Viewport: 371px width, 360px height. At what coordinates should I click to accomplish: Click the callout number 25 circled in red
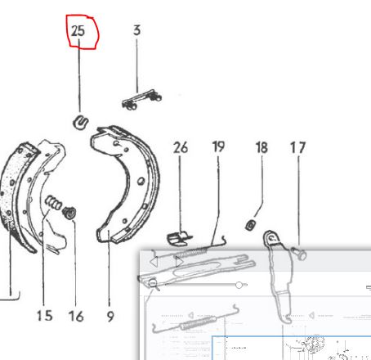click(78, 31)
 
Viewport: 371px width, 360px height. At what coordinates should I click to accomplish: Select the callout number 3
click(136, 30)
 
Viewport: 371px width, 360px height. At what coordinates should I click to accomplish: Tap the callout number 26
click(181, 147)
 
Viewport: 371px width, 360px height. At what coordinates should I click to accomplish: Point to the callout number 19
click(218, 146)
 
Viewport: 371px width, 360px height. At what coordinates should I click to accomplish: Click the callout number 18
click(261, 147)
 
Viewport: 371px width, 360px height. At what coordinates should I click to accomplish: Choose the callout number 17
click(297, 147)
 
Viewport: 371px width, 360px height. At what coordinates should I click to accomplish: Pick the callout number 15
click(44, 316)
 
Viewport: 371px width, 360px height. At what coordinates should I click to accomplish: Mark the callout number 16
click(76, 316)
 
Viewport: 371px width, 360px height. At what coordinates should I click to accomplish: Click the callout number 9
click(110, 317)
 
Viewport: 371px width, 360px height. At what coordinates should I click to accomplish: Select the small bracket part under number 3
click(141, 100)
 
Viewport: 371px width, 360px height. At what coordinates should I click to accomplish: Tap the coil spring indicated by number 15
click(53, 203)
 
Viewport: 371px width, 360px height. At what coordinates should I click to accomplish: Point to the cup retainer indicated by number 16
click(69, 213)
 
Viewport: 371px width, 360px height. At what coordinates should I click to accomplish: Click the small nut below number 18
click(251, 225)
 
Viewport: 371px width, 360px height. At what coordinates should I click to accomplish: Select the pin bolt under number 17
click(299, 253)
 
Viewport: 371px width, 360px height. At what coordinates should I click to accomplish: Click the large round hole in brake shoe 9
click(141, 181)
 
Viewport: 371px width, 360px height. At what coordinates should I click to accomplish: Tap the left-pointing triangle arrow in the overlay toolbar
click(154, 262)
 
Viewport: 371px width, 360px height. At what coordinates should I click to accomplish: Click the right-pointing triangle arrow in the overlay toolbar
click(179, 262)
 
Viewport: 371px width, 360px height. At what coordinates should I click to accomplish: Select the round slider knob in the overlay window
click(239, 286)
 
